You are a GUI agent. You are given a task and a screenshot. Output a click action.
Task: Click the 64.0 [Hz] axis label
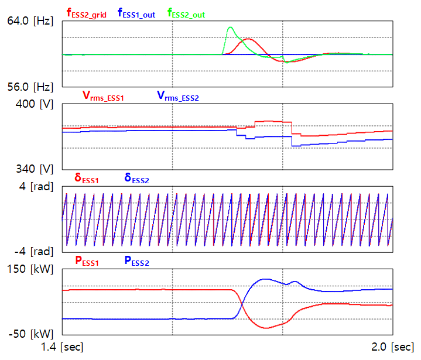coord(30,21)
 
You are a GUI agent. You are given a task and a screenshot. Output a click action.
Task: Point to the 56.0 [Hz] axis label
coord(30,87)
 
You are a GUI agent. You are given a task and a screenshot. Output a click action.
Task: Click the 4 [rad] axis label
coord(36,187)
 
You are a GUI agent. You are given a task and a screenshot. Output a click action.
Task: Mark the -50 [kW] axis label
coord(33,334)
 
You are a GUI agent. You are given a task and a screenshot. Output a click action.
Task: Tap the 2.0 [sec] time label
coord(391,348)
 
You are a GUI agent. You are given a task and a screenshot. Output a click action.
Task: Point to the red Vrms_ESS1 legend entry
coord(102,97)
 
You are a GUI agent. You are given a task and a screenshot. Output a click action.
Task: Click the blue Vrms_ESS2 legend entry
coord(177,97)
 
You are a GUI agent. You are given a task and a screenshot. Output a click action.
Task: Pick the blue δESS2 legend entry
coord(136,179)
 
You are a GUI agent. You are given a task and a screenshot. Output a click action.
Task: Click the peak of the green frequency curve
coord(230,27)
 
